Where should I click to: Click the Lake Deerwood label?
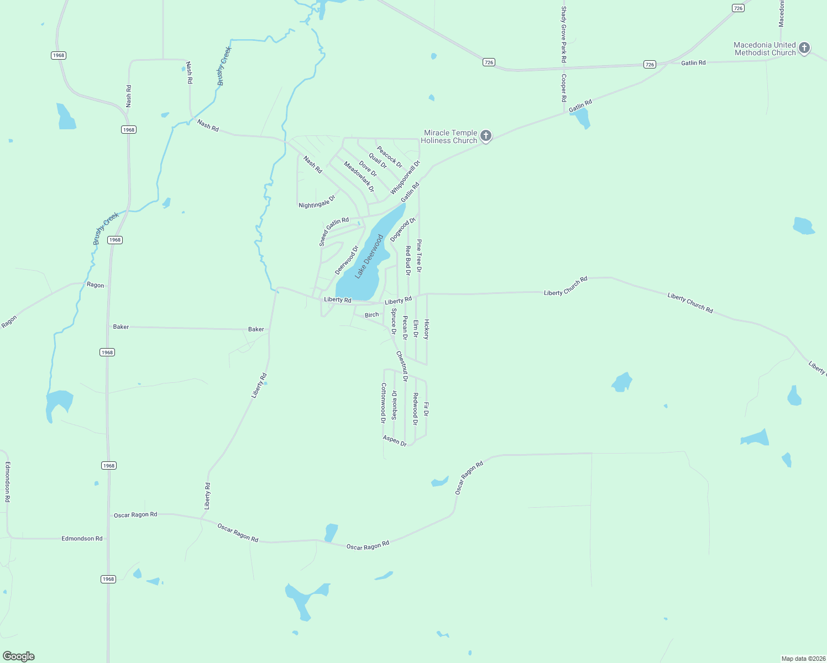(x=369, y=256)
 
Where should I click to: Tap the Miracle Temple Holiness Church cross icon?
(x=486, y=136)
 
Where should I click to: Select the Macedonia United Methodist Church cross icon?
(x=804, y=48)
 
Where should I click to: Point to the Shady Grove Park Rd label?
(x=564, y=34)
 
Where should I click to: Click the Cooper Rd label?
(x=564, y=88)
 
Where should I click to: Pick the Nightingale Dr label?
(x=317, y=202)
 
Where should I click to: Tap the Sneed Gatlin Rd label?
(x=334, y=231)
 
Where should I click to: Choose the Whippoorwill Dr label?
(x=405, y=177)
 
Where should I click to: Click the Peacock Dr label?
(x=390, y=157)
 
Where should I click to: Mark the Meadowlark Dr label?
(x=359, y=176)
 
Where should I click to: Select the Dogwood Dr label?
(x=402, y=229)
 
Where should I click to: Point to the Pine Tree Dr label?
(x=419, y=256)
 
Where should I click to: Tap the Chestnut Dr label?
(x=402, y=366)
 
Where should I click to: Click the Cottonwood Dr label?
(x=383, y=403)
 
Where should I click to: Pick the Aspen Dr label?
(x=395, y=440)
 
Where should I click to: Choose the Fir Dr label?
(x=426, y=409)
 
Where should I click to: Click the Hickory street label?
(x=426, y=329)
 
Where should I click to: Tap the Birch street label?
(x=372, y=315)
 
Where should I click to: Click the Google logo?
(x=19, y=656)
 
